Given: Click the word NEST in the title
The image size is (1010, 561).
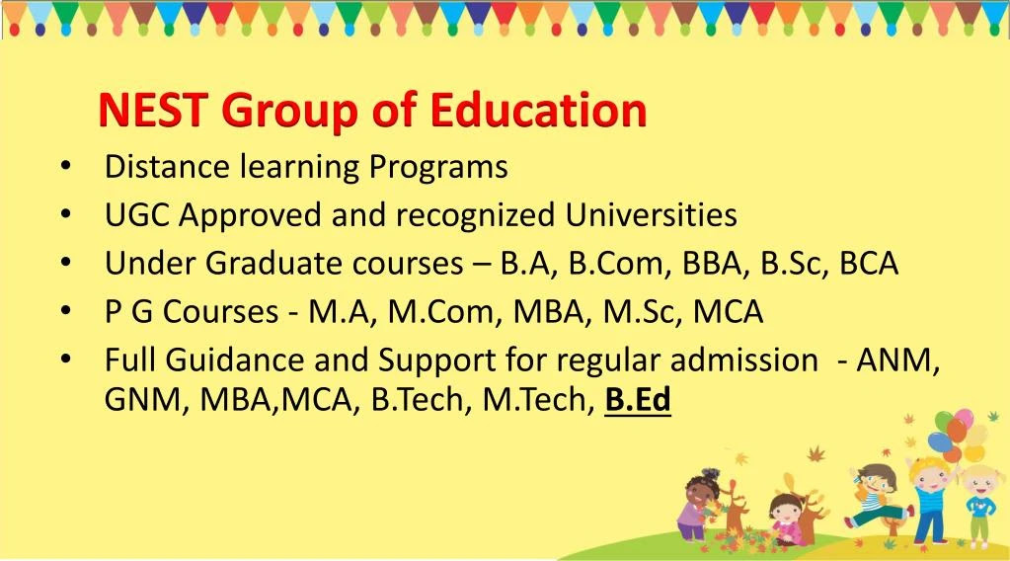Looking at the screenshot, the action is (x=153, y=110).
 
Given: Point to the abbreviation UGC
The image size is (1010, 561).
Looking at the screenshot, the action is (x=136, y=215).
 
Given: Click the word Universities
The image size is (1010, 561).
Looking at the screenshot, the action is (x=652, y=215).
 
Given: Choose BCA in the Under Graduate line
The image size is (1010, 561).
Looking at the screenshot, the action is (x=868, y=264).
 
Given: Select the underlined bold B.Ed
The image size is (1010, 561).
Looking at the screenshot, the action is (x=638, y=400).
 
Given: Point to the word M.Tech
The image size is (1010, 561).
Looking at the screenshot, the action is (x=535, y=400).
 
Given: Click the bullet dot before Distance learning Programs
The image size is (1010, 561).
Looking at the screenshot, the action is (x=66, y=167).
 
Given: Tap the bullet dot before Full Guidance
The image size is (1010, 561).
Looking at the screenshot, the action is (x=66, y=360).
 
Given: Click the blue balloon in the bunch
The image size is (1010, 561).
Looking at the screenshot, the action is (x=939, y=442).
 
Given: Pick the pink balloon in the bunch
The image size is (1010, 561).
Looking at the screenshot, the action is (x=964, y=418).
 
